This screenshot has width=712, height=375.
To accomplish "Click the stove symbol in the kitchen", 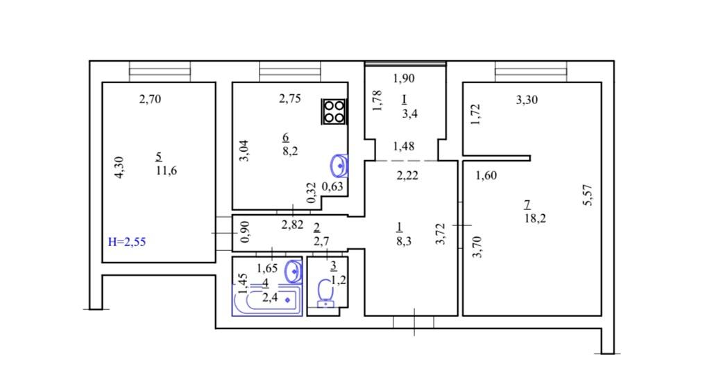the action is click(x=334, y=112).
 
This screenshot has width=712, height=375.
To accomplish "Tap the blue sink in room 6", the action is click(x=339, y=166).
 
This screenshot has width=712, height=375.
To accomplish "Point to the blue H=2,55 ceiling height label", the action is click(x=127, y=242).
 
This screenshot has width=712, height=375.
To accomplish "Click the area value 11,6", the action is click(x=166, y=171).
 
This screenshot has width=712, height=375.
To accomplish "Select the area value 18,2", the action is click(x=535, y=218).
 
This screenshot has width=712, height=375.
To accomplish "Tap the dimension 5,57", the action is click(x=588, y=195).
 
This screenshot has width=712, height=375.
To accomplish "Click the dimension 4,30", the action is click(x=119, y=167).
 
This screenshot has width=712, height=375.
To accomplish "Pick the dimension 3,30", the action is click(x=527, y=99).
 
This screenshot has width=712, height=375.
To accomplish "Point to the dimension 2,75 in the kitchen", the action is click(x=289, y=98).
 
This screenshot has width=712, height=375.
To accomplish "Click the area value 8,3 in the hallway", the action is click(x=404, y=241).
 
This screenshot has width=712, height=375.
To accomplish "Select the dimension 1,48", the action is click(x=404, y=146).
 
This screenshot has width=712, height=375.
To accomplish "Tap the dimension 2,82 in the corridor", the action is click(x=292, y=225).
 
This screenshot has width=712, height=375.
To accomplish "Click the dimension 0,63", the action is click(x=332, y=186).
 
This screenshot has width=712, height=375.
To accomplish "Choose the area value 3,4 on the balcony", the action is click(x=409, y=114).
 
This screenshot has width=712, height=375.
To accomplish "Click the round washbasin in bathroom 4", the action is click(x=294, y=271).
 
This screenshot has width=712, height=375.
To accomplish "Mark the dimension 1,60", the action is click(x=486, y=175).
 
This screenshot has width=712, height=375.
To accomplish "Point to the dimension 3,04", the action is click(x=244, y=151).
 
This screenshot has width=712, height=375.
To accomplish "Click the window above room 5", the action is click(x=160, y=71).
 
